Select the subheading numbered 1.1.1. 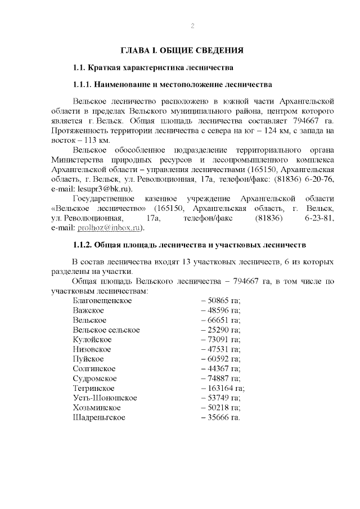[x=173, y=85]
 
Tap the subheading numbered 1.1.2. [x=189, y=245]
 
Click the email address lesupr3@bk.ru [x=105, y=189]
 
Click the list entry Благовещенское [x=102, y=301]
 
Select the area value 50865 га [x=221, y=301]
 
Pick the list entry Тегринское [x=94, y=388]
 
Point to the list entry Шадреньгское [x=99, y=417]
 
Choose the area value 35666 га [x=220, y=417]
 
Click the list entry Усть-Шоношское [x=105, y=398]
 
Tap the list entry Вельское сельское [x=106, y=330]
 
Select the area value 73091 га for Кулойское [x=221, y=340]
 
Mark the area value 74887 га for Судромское [x=221, y=379]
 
